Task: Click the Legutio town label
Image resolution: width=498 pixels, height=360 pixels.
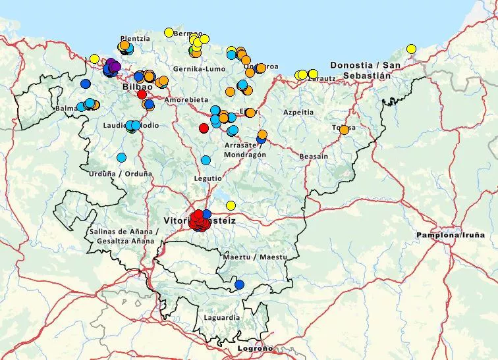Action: [x=207, y=178]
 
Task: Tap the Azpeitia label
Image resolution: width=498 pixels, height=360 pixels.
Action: [x=298, y=112]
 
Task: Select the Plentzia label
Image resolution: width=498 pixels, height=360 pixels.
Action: [x=135, y=38]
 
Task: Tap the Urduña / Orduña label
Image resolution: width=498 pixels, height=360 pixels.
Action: [x=120, y=174]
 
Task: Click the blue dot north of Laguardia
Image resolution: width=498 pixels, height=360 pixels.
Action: [x=239, y=284]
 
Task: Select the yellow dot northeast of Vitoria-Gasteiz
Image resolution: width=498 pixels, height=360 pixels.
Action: [x=231, y=205]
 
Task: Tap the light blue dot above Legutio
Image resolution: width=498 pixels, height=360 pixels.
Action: [x=206, y=160]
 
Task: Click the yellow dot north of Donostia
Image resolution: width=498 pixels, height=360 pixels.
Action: [x=411, y=49]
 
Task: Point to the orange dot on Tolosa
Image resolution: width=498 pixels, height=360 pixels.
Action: [x=344, y=129]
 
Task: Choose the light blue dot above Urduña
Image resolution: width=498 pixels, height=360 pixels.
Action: [x=121, y=157]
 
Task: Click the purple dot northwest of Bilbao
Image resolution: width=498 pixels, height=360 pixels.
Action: [x=114, y=65]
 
